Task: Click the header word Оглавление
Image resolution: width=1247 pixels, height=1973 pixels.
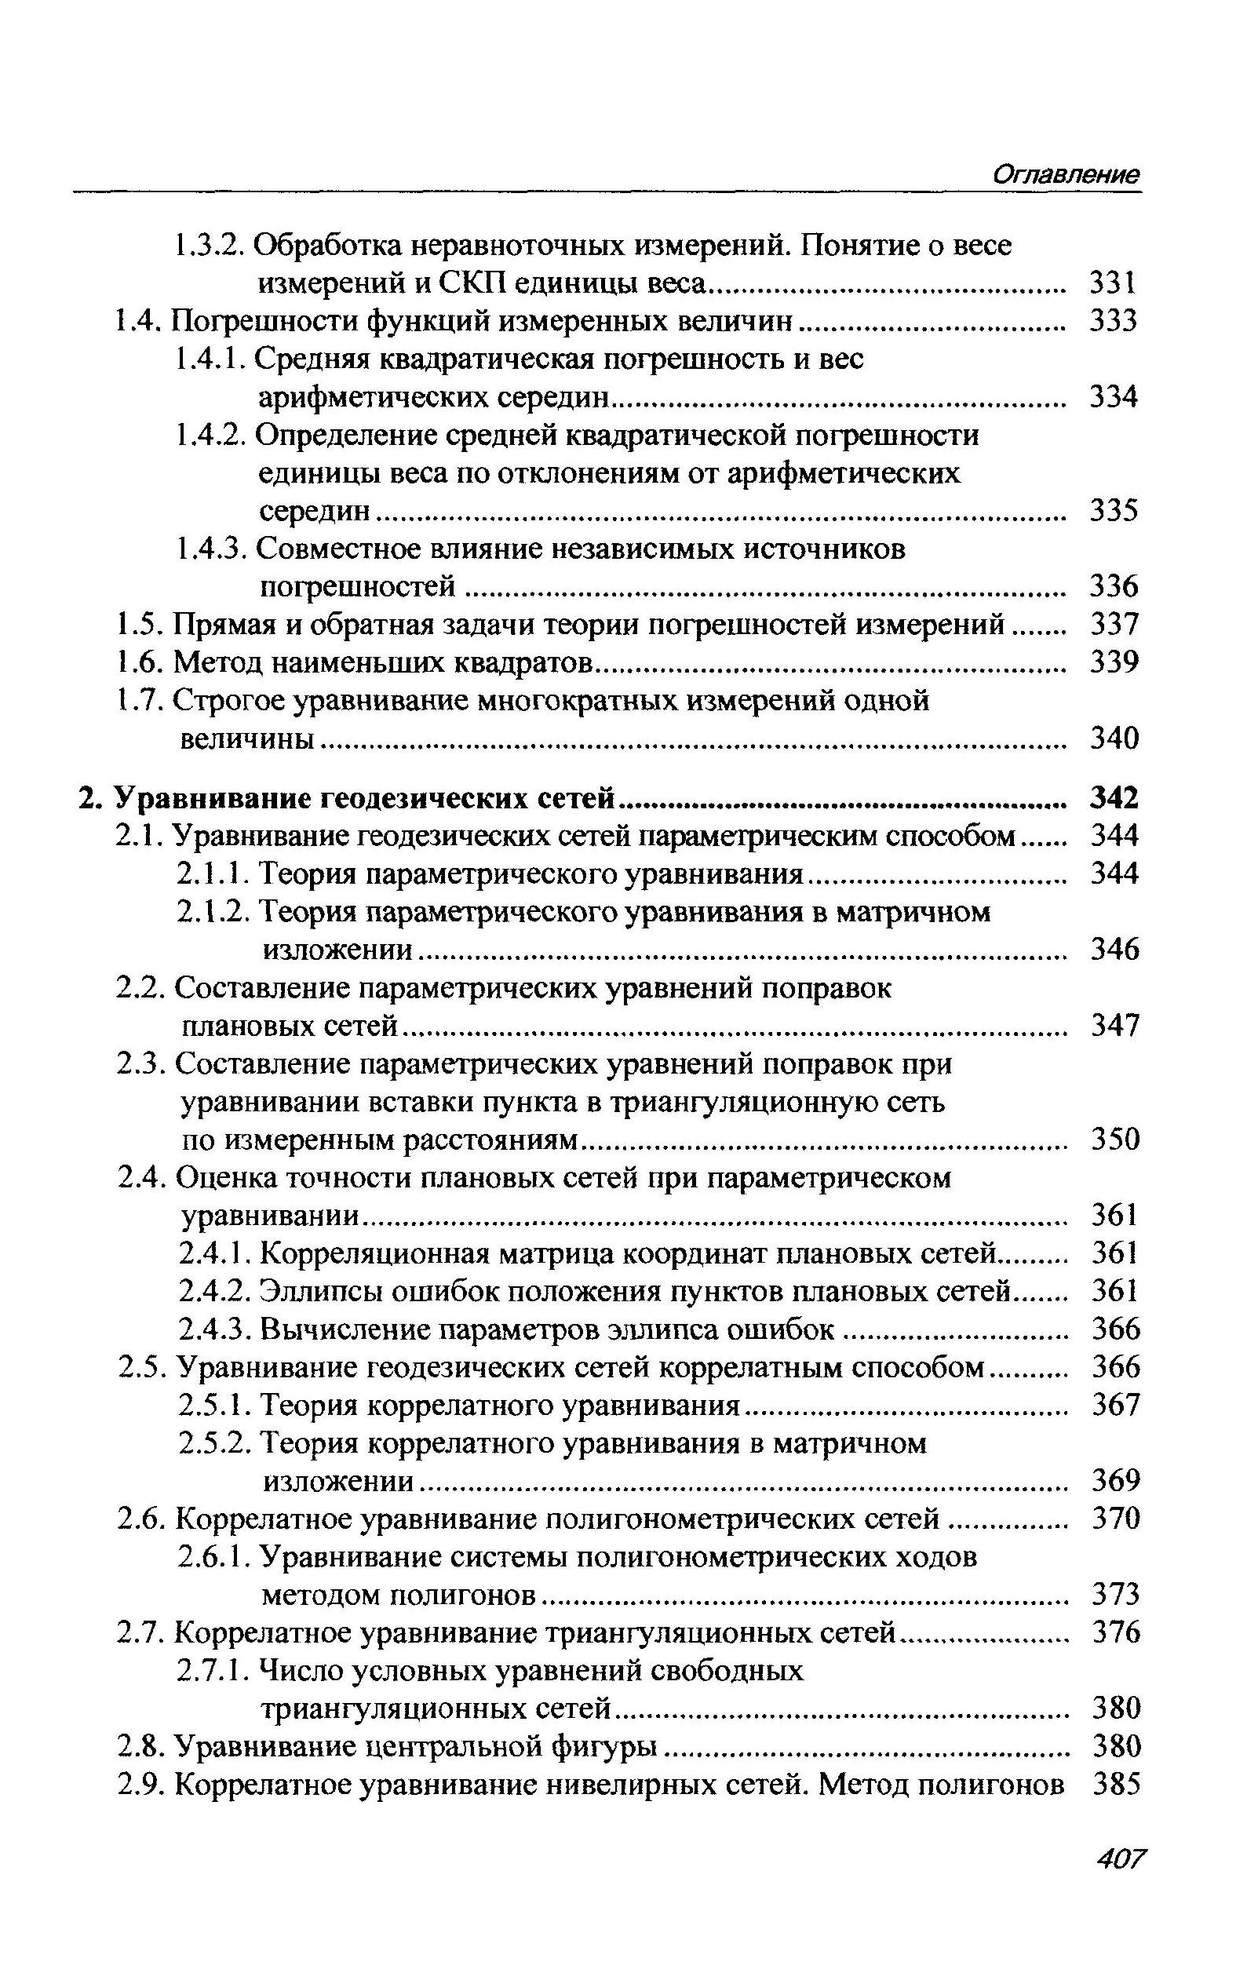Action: pyautogui.click(x=1065, y=174)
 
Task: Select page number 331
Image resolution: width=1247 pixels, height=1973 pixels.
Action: pyautogui.click(x=1114, y=283)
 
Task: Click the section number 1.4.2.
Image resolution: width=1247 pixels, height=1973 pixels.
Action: pyautogui.click(x=210, y=435)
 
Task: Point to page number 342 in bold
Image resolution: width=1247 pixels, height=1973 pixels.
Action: pyautogui.click(x=1114, y=797)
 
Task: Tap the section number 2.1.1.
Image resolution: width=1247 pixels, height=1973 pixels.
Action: pyautogui.click(x=215, y=874)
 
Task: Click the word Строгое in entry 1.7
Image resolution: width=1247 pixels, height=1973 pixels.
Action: pyautogui.click(x=228, y=702)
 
